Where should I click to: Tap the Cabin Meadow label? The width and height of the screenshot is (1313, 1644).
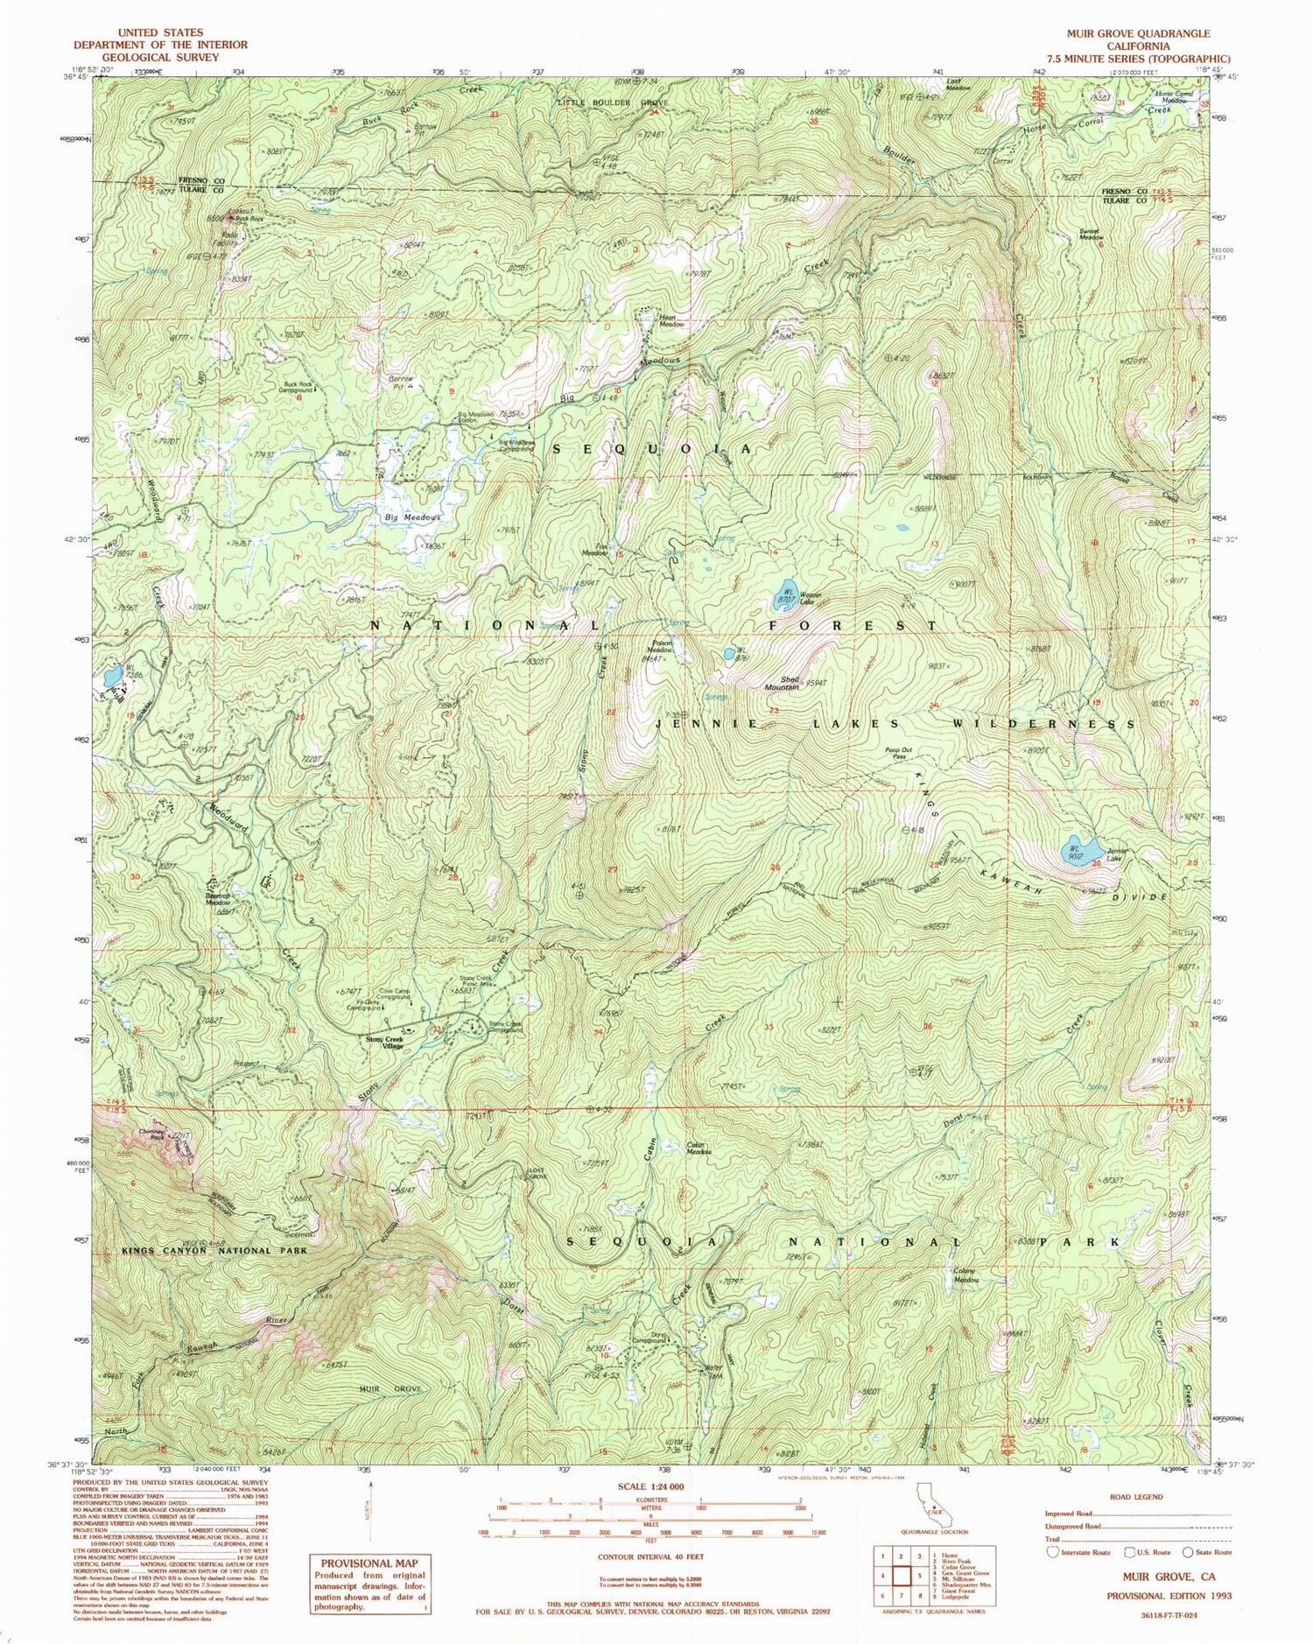coord(697,1148)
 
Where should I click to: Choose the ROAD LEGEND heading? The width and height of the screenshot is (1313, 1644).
coord(1134,1496)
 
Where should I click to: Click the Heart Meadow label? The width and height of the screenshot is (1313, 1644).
coord(671,320)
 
